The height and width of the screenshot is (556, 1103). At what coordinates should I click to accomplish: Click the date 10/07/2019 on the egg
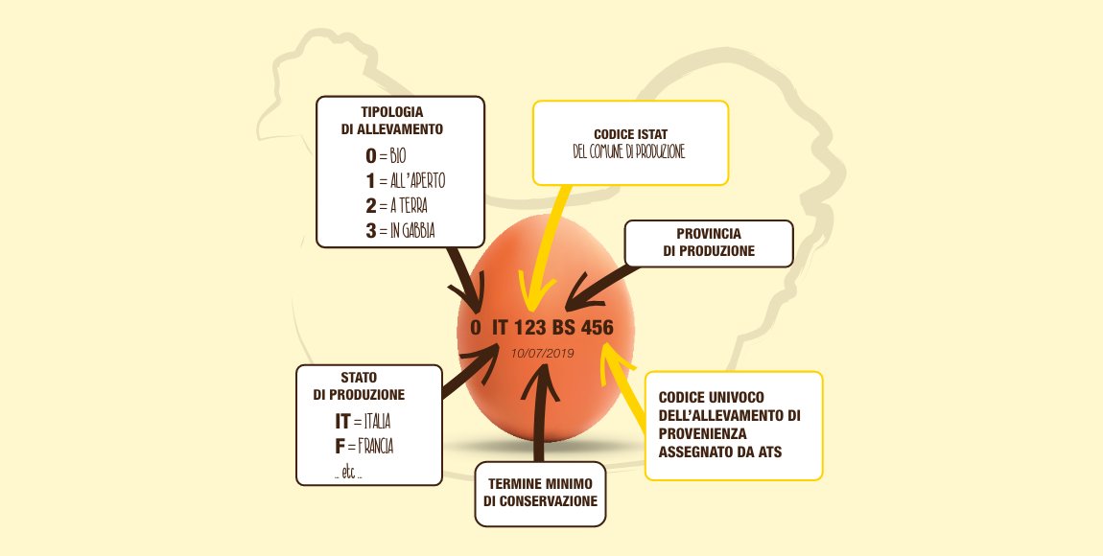(542, 354)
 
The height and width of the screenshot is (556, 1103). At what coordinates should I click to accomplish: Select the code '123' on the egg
(515, 327)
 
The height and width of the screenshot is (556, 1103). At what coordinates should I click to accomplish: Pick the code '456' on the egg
(597, 327)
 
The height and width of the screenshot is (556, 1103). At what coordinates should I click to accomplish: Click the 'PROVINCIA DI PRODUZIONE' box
(709, 243)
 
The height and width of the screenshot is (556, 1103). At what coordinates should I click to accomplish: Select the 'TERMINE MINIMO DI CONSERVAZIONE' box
(540, 494)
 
